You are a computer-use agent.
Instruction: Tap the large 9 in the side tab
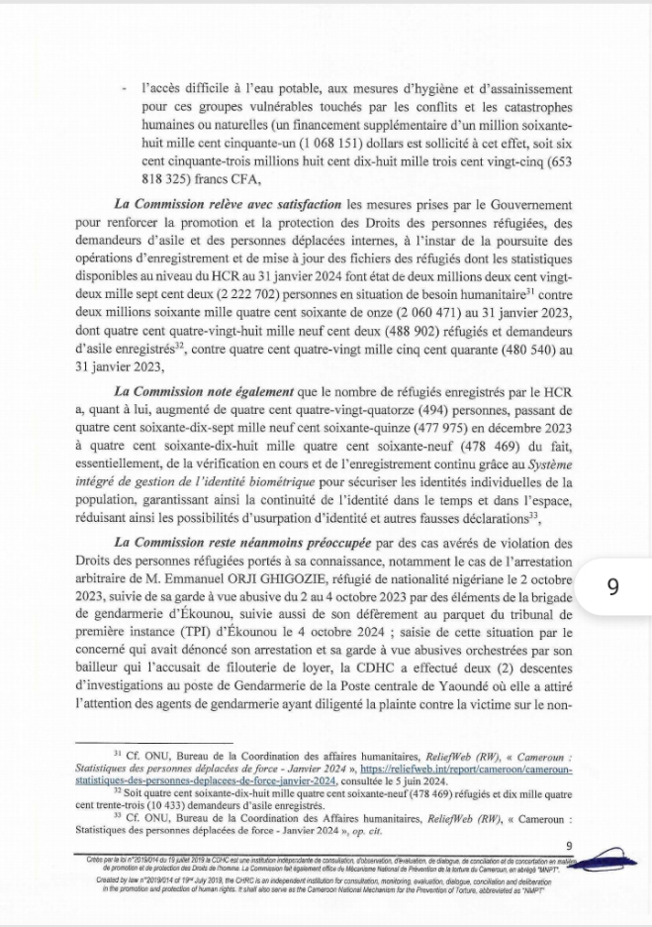point(612,586)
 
